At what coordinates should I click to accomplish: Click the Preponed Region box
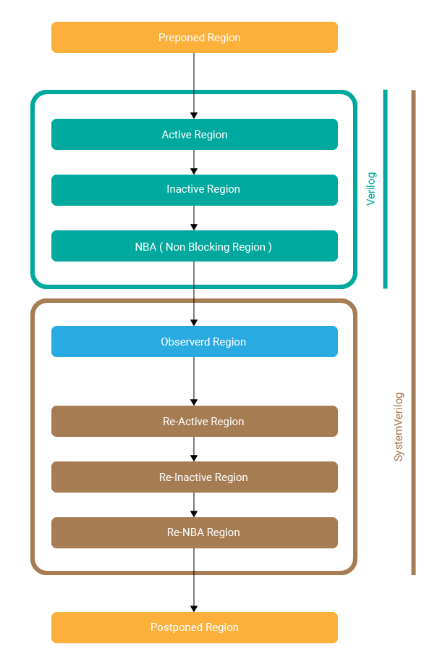point(194,37)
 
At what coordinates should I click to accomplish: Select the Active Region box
point(194,135)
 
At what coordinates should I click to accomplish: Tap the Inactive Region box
point(194,190)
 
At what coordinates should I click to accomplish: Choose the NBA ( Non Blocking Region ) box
point(194,246)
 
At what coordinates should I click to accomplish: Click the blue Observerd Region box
point(194,341)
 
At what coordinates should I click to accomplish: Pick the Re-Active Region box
point(194,422)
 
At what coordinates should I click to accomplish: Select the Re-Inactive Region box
point(194,477)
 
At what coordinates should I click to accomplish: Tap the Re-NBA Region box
point(194,532)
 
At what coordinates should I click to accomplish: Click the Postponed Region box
point(194,627)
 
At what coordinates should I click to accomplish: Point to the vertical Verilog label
point(371,189)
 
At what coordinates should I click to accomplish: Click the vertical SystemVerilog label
point(399,427)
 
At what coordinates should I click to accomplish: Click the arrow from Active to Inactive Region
point(194,162)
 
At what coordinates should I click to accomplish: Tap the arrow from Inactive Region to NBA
point(194,218)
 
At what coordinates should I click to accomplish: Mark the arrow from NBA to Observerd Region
point(194,293)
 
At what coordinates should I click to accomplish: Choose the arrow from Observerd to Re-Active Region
point(194,381)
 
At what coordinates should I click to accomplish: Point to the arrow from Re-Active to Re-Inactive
point(194,449)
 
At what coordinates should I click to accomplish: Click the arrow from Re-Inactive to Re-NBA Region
point(194,505)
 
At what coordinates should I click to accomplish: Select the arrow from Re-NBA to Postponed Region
point(194,580)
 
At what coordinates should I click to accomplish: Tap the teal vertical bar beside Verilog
point(385,189)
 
